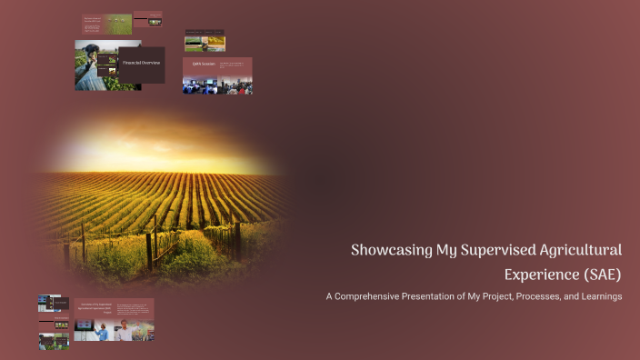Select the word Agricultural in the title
coord(574,250)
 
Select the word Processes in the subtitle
coord(543,296)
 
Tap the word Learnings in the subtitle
coord(600,296)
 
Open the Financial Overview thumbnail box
coord(141,64)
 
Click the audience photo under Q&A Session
coord(216,85)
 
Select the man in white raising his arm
coord(125,331)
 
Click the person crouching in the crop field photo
coord(91,67)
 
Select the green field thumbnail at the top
coord(118,25)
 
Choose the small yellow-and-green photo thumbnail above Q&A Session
coord(205,43)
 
